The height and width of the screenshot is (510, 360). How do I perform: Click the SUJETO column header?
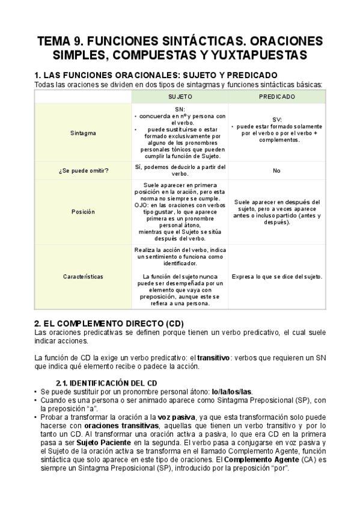coord(180,96)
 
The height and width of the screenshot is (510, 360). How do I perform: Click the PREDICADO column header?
coord(277,96)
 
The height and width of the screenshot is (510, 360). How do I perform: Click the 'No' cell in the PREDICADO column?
coord(276,171)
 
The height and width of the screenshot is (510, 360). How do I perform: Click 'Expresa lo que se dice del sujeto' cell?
coord(276,277)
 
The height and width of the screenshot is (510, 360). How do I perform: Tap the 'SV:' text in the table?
coord(276,120)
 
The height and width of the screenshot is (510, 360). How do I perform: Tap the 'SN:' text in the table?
coord(180,109)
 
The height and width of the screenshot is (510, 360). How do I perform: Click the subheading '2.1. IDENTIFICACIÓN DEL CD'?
coord(106,382)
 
